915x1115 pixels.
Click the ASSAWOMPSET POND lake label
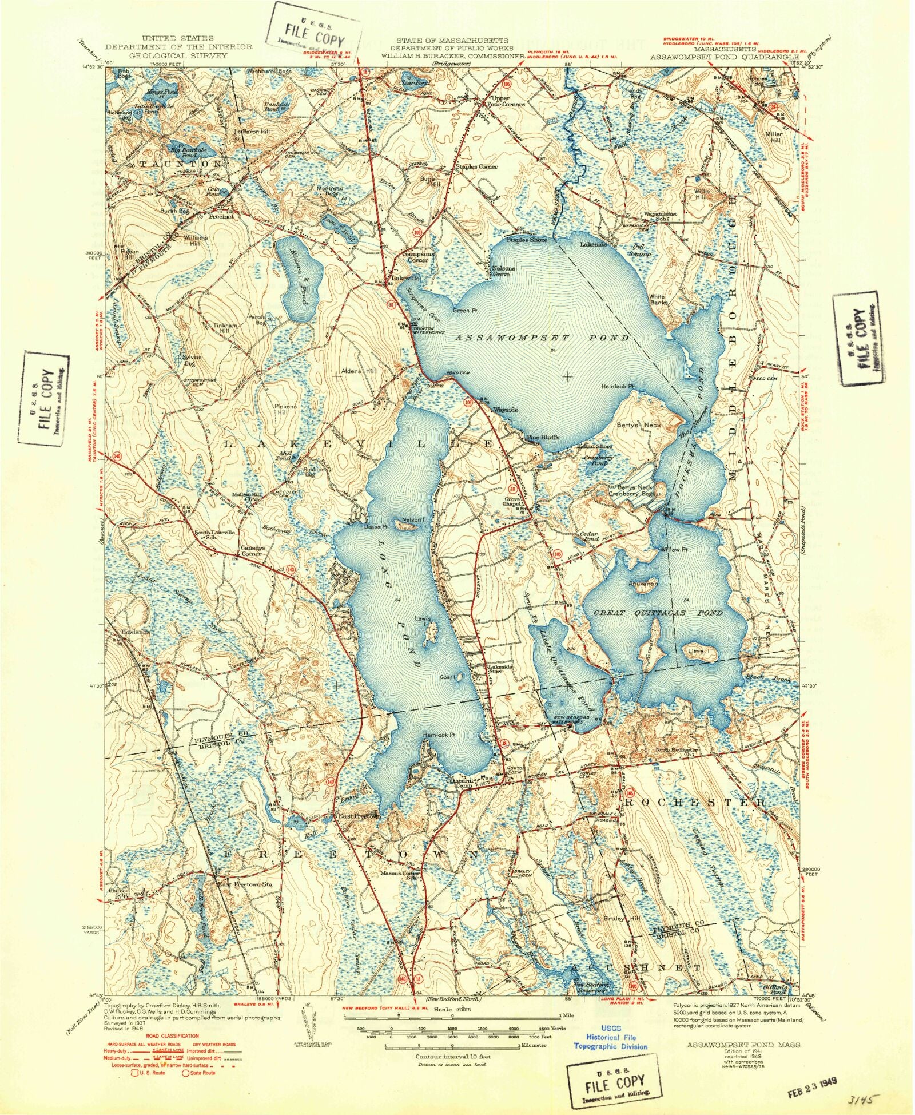[x=541, y=338]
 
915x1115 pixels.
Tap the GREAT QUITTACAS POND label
[x=658, y=613]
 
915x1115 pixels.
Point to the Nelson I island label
[x=413, y=519]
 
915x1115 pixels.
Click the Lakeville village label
[x=405, y=278]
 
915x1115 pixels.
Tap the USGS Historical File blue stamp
[x=611, y=1037]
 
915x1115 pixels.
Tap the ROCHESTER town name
[x=695, y=803]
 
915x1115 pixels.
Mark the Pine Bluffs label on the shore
[x=542, y=437]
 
